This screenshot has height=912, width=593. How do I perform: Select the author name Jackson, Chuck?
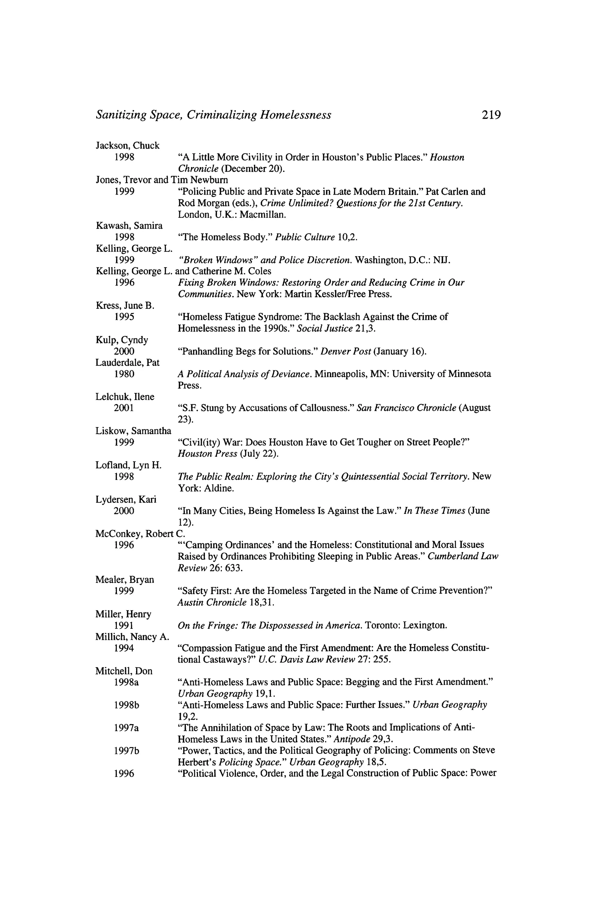[x=127, y=146]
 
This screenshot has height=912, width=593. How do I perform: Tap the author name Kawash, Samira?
[x=129, y=226]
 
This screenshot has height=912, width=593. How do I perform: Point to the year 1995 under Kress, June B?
[x=124, y=317]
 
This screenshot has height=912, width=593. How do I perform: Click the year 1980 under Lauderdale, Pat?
[x=124, y=374]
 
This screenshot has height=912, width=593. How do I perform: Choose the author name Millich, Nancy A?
[x=132, y=648]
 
